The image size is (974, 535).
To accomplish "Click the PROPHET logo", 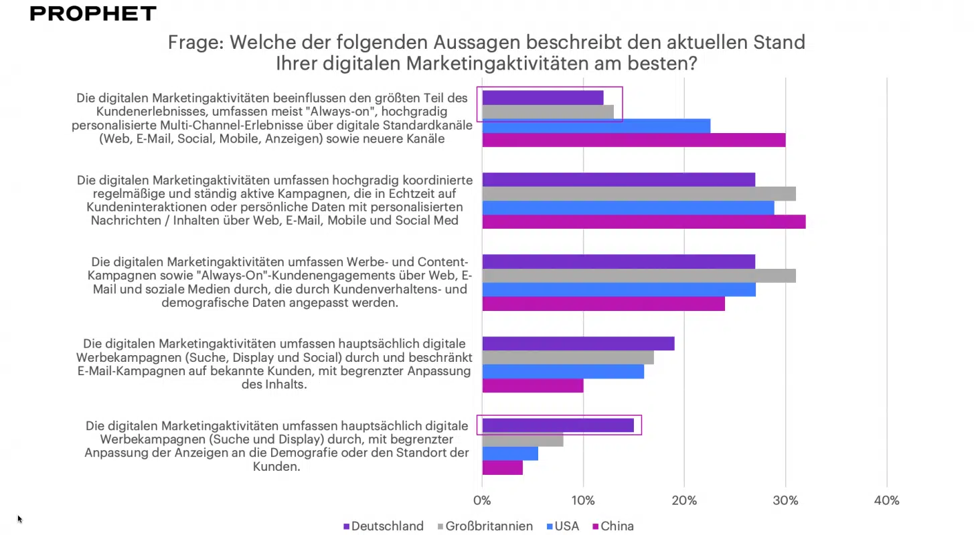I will point(93,13).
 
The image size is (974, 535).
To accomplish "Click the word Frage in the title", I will point(194,43).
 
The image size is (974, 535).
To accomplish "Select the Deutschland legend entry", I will point(383,526).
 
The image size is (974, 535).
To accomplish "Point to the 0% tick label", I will point(481,500).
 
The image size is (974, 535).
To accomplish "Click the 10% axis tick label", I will point(583,500).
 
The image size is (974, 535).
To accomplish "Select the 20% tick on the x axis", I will point(684,500).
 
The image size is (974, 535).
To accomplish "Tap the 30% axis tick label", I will point(785,500).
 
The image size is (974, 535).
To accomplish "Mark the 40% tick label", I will point(886,500).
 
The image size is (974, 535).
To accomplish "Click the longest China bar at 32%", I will point(643,222).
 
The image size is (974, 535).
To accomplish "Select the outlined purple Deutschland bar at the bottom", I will point(558,425).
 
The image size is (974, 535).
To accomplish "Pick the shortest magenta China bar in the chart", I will point(502,467).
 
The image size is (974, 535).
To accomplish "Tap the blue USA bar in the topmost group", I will point(596,126).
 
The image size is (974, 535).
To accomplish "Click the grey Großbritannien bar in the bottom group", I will point(522,439).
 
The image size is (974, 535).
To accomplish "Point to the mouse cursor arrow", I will point(19,518).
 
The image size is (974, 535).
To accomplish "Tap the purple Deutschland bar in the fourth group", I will point(578,343).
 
